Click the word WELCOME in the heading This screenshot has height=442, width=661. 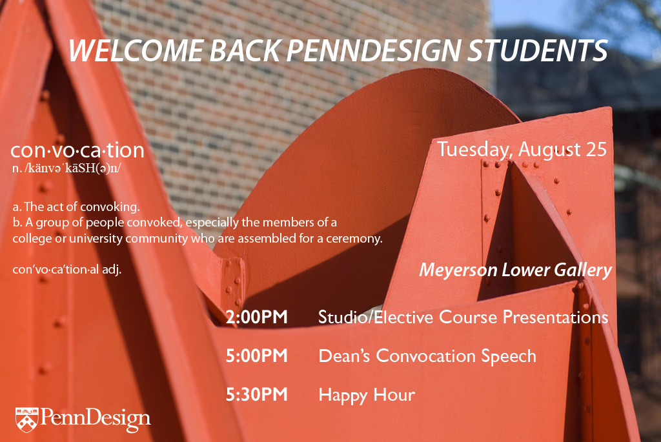point(137,51)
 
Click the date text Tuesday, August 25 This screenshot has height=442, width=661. point(522,150)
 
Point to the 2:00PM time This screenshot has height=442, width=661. point(257,317)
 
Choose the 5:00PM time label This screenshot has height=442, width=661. point(257,356)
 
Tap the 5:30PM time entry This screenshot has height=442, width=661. point(257,395)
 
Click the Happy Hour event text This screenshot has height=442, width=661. point(367,396)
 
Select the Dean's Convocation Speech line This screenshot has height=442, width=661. point(427,356)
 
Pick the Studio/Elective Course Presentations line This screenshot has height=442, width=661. point(463,317)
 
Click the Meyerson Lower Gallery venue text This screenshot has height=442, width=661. point(515,270)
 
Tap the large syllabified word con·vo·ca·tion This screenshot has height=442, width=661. point(77,150)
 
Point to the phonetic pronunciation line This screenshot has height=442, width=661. point(66,168)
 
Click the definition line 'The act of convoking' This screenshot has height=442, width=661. point(76,207)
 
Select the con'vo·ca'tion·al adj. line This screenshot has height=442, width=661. point(67,270)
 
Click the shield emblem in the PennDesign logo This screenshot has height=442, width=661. point(26,419)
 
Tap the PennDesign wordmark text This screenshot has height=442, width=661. point(96,419)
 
